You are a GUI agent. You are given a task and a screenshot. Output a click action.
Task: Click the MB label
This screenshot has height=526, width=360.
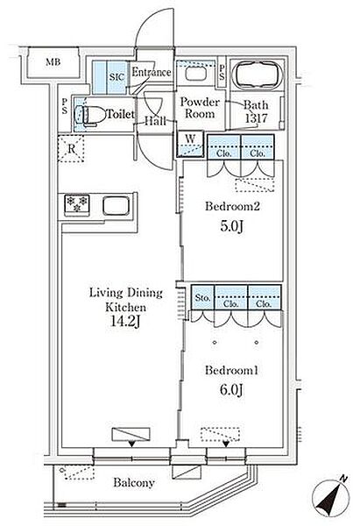[53, 62]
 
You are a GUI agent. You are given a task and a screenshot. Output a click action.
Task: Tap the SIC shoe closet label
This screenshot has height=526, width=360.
[116, 77]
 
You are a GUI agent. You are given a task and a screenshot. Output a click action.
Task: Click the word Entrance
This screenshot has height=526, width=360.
[152, 72]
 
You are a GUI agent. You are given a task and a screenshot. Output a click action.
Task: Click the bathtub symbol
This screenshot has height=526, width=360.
[258, 75]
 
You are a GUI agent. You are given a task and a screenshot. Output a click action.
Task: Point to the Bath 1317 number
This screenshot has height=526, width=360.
[257, 118]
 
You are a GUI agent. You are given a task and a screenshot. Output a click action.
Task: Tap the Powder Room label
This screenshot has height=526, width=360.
[200, 108]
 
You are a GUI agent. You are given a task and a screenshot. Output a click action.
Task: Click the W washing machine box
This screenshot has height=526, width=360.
[190, 144]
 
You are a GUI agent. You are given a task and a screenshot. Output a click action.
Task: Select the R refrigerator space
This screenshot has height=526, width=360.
[71, 149]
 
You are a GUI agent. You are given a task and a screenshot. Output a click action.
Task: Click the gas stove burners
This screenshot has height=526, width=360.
[77, 204]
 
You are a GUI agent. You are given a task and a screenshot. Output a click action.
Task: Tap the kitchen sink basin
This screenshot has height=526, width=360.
[116, 206]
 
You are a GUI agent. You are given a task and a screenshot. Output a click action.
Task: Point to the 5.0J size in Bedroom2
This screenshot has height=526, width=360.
[231, 226]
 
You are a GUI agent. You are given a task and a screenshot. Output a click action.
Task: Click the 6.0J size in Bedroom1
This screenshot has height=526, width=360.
[231, 389]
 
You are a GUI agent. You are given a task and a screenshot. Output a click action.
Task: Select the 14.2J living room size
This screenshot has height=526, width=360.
[125, 322]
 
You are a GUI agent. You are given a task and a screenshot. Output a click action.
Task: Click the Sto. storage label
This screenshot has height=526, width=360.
[202, 297]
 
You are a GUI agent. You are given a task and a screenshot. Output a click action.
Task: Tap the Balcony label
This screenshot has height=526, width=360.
[134, 483]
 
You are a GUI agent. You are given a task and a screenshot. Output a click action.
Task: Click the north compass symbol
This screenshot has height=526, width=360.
[331, 495]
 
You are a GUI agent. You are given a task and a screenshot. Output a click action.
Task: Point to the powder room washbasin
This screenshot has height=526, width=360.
[195, 74]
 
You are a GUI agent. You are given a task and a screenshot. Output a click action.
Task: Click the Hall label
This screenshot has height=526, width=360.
[156, 120]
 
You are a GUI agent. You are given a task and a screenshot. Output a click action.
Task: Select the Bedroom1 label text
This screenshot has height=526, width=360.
[231, 370]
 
